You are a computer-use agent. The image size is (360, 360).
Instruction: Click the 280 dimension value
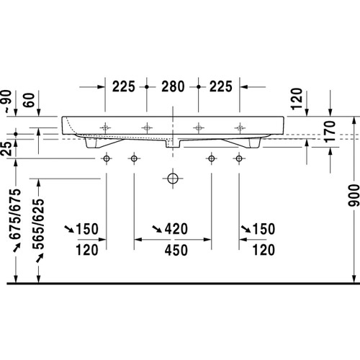173,87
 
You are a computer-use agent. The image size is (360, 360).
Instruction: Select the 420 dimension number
176,210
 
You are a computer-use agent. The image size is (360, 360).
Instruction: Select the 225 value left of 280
125,87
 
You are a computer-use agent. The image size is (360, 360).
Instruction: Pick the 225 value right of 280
221,87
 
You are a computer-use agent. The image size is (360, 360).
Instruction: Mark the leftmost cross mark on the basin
107,127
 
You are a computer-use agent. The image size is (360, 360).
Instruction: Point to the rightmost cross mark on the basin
238,127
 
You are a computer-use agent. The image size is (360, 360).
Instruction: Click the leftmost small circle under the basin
107,158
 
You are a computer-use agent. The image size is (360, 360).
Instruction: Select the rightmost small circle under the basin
238,158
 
